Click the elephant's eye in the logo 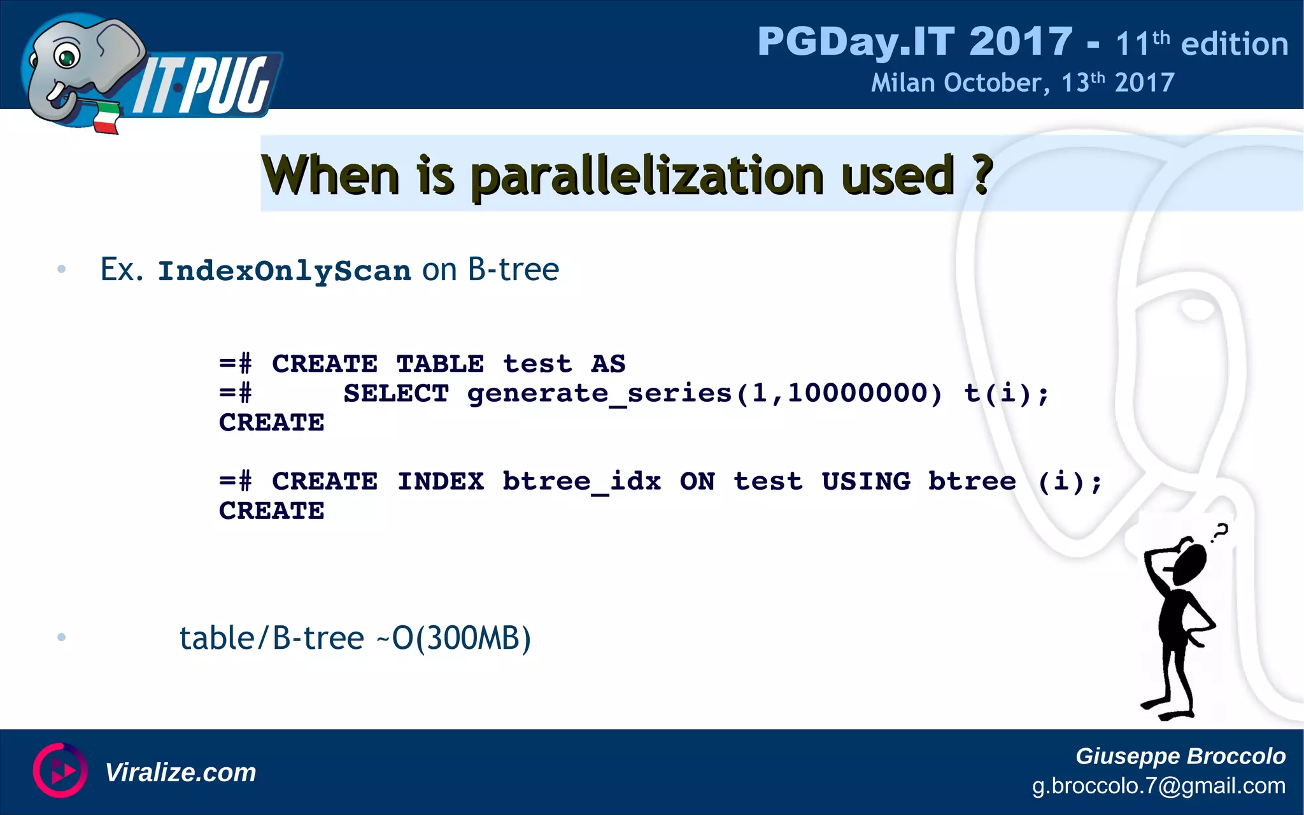click(66, 57)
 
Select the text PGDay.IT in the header click(856, 42)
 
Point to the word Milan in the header click(902, 83)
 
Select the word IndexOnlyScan click(284, 271)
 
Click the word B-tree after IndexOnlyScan click(513, 269)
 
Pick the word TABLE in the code click(439, 364)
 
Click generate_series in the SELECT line click(599, 393)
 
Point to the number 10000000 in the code click(864, 393)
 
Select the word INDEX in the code click(440, 481)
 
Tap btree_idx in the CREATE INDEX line click(581, 481)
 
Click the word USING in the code click(865, 481)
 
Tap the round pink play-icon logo click(60, 770)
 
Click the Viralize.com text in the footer click(180, 772)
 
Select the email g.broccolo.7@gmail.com click(1158, 786)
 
